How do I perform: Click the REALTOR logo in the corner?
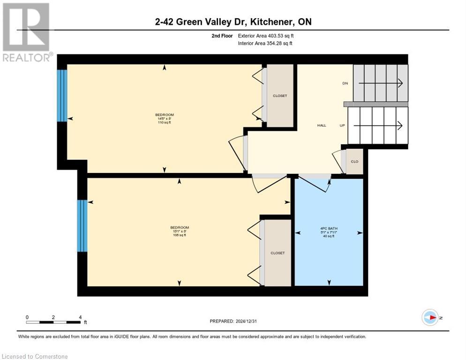point(26,32)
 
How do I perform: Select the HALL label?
point(322,126)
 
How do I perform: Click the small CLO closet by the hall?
point(355,162)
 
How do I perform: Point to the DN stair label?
point(345,83)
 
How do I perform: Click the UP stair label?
point(343,126)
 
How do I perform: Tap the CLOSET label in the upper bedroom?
point(280,96)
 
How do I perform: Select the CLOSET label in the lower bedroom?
point(277,253)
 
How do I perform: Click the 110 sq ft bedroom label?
point(164,119)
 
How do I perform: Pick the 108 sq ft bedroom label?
point(179,231)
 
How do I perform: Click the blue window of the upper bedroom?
point(62,95)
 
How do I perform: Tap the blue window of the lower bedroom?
point(82,225)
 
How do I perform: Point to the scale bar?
point(53,322)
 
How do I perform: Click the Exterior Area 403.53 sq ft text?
point(266,36)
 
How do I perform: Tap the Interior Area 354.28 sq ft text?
point(265,44)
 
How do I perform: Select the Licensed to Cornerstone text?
point(35,357)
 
